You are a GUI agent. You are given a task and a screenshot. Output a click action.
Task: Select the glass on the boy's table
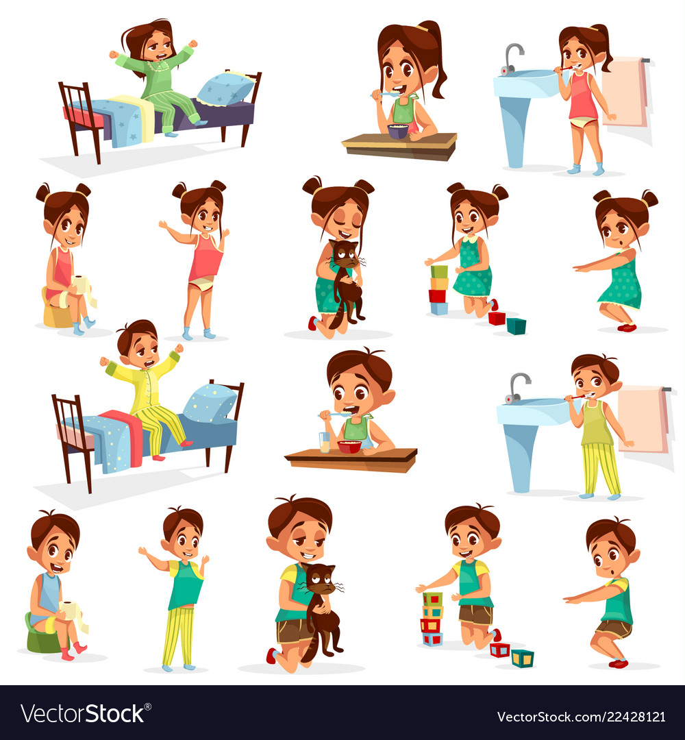(x=324, y=441)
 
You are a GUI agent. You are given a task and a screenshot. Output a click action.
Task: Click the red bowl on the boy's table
(x=349, y=447)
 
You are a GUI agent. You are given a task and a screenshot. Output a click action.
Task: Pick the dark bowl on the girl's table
(x=398, y=131)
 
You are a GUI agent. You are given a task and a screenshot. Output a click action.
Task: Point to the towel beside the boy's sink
(x=643, y=419)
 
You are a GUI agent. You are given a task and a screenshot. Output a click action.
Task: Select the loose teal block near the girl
(x=516, y=325)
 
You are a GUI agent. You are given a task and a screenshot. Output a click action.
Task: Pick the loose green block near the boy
(x=522, y=658)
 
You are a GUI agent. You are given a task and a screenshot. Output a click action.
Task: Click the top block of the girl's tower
(x=439, y=271)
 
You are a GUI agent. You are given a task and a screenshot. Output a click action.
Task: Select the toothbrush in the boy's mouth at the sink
(x=577, y=396)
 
